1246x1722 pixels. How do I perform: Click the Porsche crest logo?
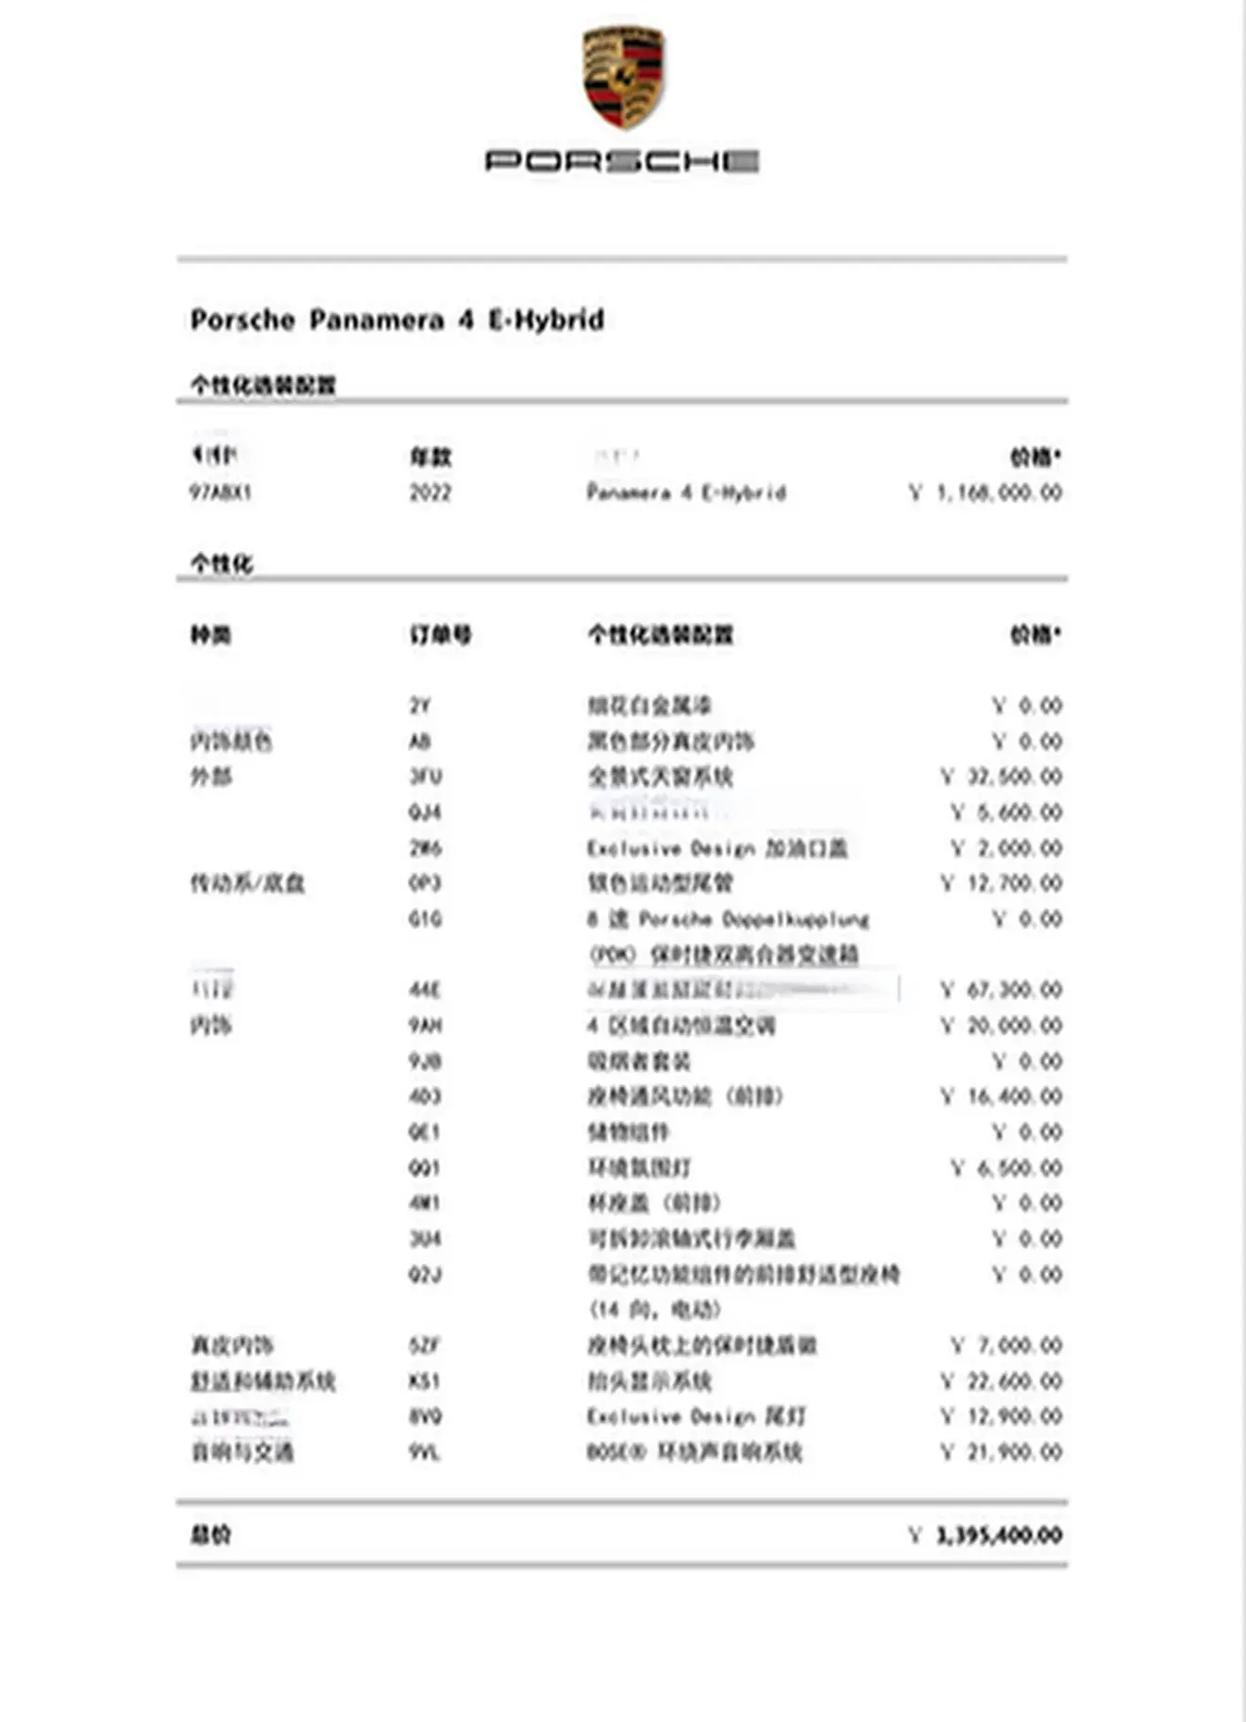[x=623, y=77]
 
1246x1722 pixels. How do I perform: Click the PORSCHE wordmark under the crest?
[x=622, y=161]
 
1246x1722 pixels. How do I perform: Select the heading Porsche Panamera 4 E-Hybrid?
[x=397, y=320]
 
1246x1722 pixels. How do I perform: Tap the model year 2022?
[x=430, y=493]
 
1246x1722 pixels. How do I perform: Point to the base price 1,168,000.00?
[x=998, y=493]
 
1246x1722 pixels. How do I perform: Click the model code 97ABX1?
[x=221, y=493]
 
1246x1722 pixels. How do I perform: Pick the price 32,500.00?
[x=1014, y=777]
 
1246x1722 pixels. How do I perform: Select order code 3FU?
[x=426, y=777]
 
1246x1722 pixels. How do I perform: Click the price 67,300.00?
[x=1014, y=990]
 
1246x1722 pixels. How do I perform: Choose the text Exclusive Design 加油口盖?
[x=716, y=848]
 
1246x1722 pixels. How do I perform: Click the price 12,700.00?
[x=1014, y=883]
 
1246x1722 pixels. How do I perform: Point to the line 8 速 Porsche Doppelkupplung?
[x=727, y=919]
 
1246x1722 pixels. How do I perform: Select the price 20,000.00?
[x=1014, y=1026]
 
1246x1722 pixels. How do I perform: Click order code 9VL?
[x=425, y=1452]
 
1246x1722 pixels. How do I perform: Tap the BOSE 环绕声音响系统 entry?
[x=694, y=1452]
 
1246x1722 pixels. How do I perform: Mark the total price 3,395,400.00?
[x=998, y=1535]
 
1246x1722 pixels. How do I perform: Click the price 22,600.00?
[x=1014, y=1381]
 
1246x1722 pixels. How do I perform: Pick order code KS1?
[x=425, y=1381]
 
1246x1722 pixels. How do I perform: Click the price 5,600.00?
[x=1019, y=812]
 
